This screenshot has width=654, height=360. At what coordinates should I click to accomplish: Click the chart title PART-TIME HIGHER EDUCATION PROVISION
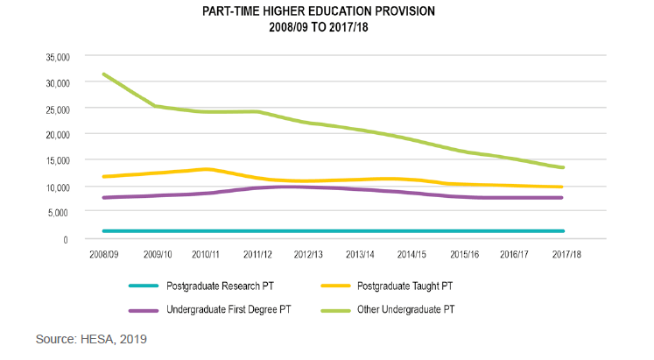click(x=327, y=12)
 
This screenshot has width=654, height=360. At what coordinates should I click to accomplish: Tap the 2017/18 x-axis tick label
click(x=566, y=254)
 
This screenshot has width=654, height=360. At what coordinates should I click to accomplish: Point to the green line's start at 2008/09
click(x=104, y=74)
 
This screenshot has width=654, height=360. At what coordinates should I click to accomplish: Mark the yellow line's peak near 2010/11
click(x=207, y=169)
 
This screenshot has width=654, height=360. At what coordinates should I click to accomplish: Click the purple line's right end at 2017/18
click(x=562, y=198)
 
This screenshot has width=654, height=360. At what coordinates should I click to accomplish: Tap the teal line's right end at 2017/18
click(x=562, y=231)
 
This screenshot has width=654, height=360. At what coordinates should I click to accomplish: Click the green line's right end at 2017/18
click(x=562, y=167)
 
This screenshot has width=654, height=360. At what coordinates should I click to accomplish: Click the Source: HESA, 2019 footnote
click(x=91, y=338)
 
